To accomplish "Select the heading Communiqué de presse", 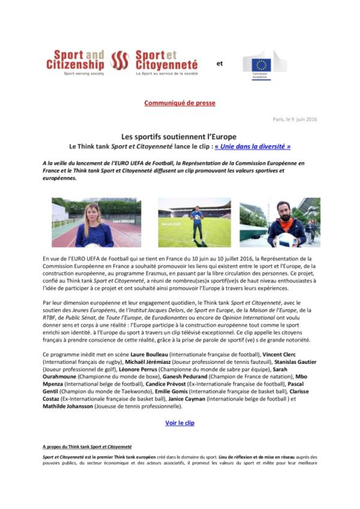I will (179, 103).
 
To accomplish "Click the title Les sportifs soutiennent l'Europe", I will (179, 136).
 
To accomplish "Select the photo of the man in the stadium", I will (194, 222).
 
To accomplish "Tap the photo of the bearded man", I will (280, 222).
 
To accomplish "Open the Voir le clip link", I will (179, 423).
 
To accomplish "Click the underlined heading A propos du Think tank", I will (87, 447).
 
